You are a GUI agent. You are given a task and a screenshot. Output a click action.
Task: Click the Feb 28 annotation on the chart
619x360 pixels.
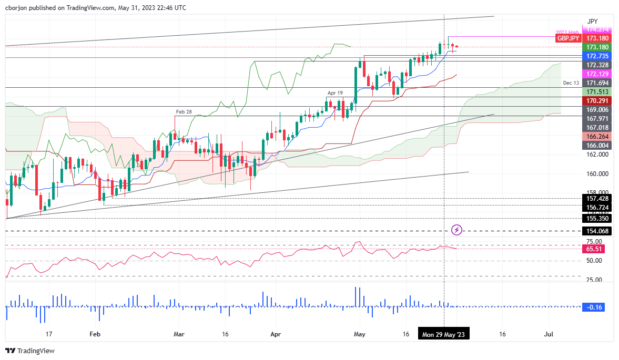[x=184, y=112]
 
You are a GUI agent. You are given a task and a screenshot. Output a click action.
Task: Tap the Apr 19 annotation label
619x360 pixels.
[x=335, y=92]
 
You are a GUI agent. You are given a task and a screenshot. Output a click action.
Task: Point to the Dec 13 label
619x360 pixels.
[x=571, y=83]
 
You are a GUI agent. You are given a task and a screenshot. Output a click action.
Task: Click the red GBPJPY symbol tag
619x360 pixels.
[x=569, y=38]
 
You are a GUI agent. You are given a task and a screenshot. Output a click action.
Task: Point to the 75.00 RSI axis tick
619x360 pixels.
[x=594, y=241]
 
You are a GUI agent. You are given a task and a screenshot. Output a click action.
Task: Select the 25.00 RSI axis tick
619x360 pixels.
[x=594, y=280]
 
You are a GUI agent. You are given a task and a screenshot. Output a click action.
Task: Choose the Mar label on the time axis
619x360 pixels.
[x=179, y=334]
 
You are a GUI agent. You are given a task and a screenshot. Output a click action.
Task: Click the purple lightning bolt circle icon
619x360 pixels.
[x=457, y=230]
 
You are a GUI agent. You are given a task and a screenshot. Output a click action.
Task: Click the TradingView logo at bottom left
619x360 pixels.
[x=30, y=351]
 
